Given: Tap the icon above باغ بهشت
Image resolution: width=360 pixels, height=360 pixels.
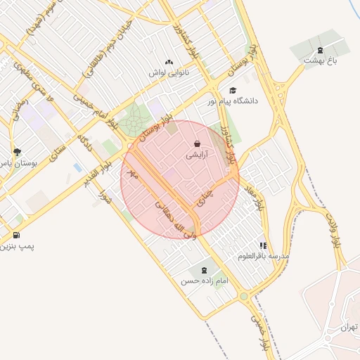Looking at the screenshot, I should (x=321, y=49).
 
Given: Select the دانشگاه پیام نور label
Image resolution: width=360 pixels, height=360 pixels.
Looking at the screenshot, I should (x=233, y=101).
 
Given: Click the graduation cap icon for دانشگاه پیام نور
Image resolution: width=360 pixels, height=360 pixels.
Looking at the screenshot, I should (x=233, y=90).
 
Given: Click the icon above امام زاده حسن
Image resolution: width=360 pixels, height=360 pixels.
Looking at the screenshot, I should (x=204, y=270).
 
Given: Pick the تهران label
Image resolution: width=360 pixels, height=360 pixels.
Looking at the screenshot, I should (x=349, y=328).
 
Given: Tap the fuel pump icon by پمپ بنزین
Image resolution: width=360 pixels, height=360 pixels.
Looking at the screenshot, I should (x=16, y=235).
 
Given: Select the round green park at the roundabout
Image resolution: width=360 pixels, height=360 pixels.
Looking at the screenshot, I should (x=131, y=122).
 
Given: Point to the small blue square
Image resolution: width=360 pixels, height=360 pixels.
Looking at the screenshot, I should (x=77, y=167).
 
